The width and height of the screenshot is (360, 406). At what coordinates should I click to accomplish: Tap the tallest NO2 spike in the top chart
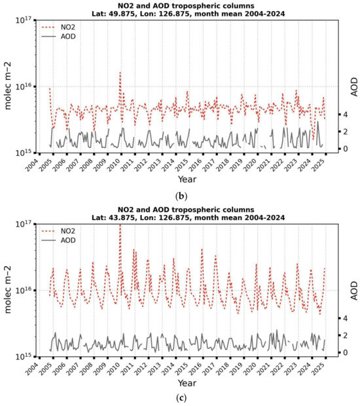point(120,73)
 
